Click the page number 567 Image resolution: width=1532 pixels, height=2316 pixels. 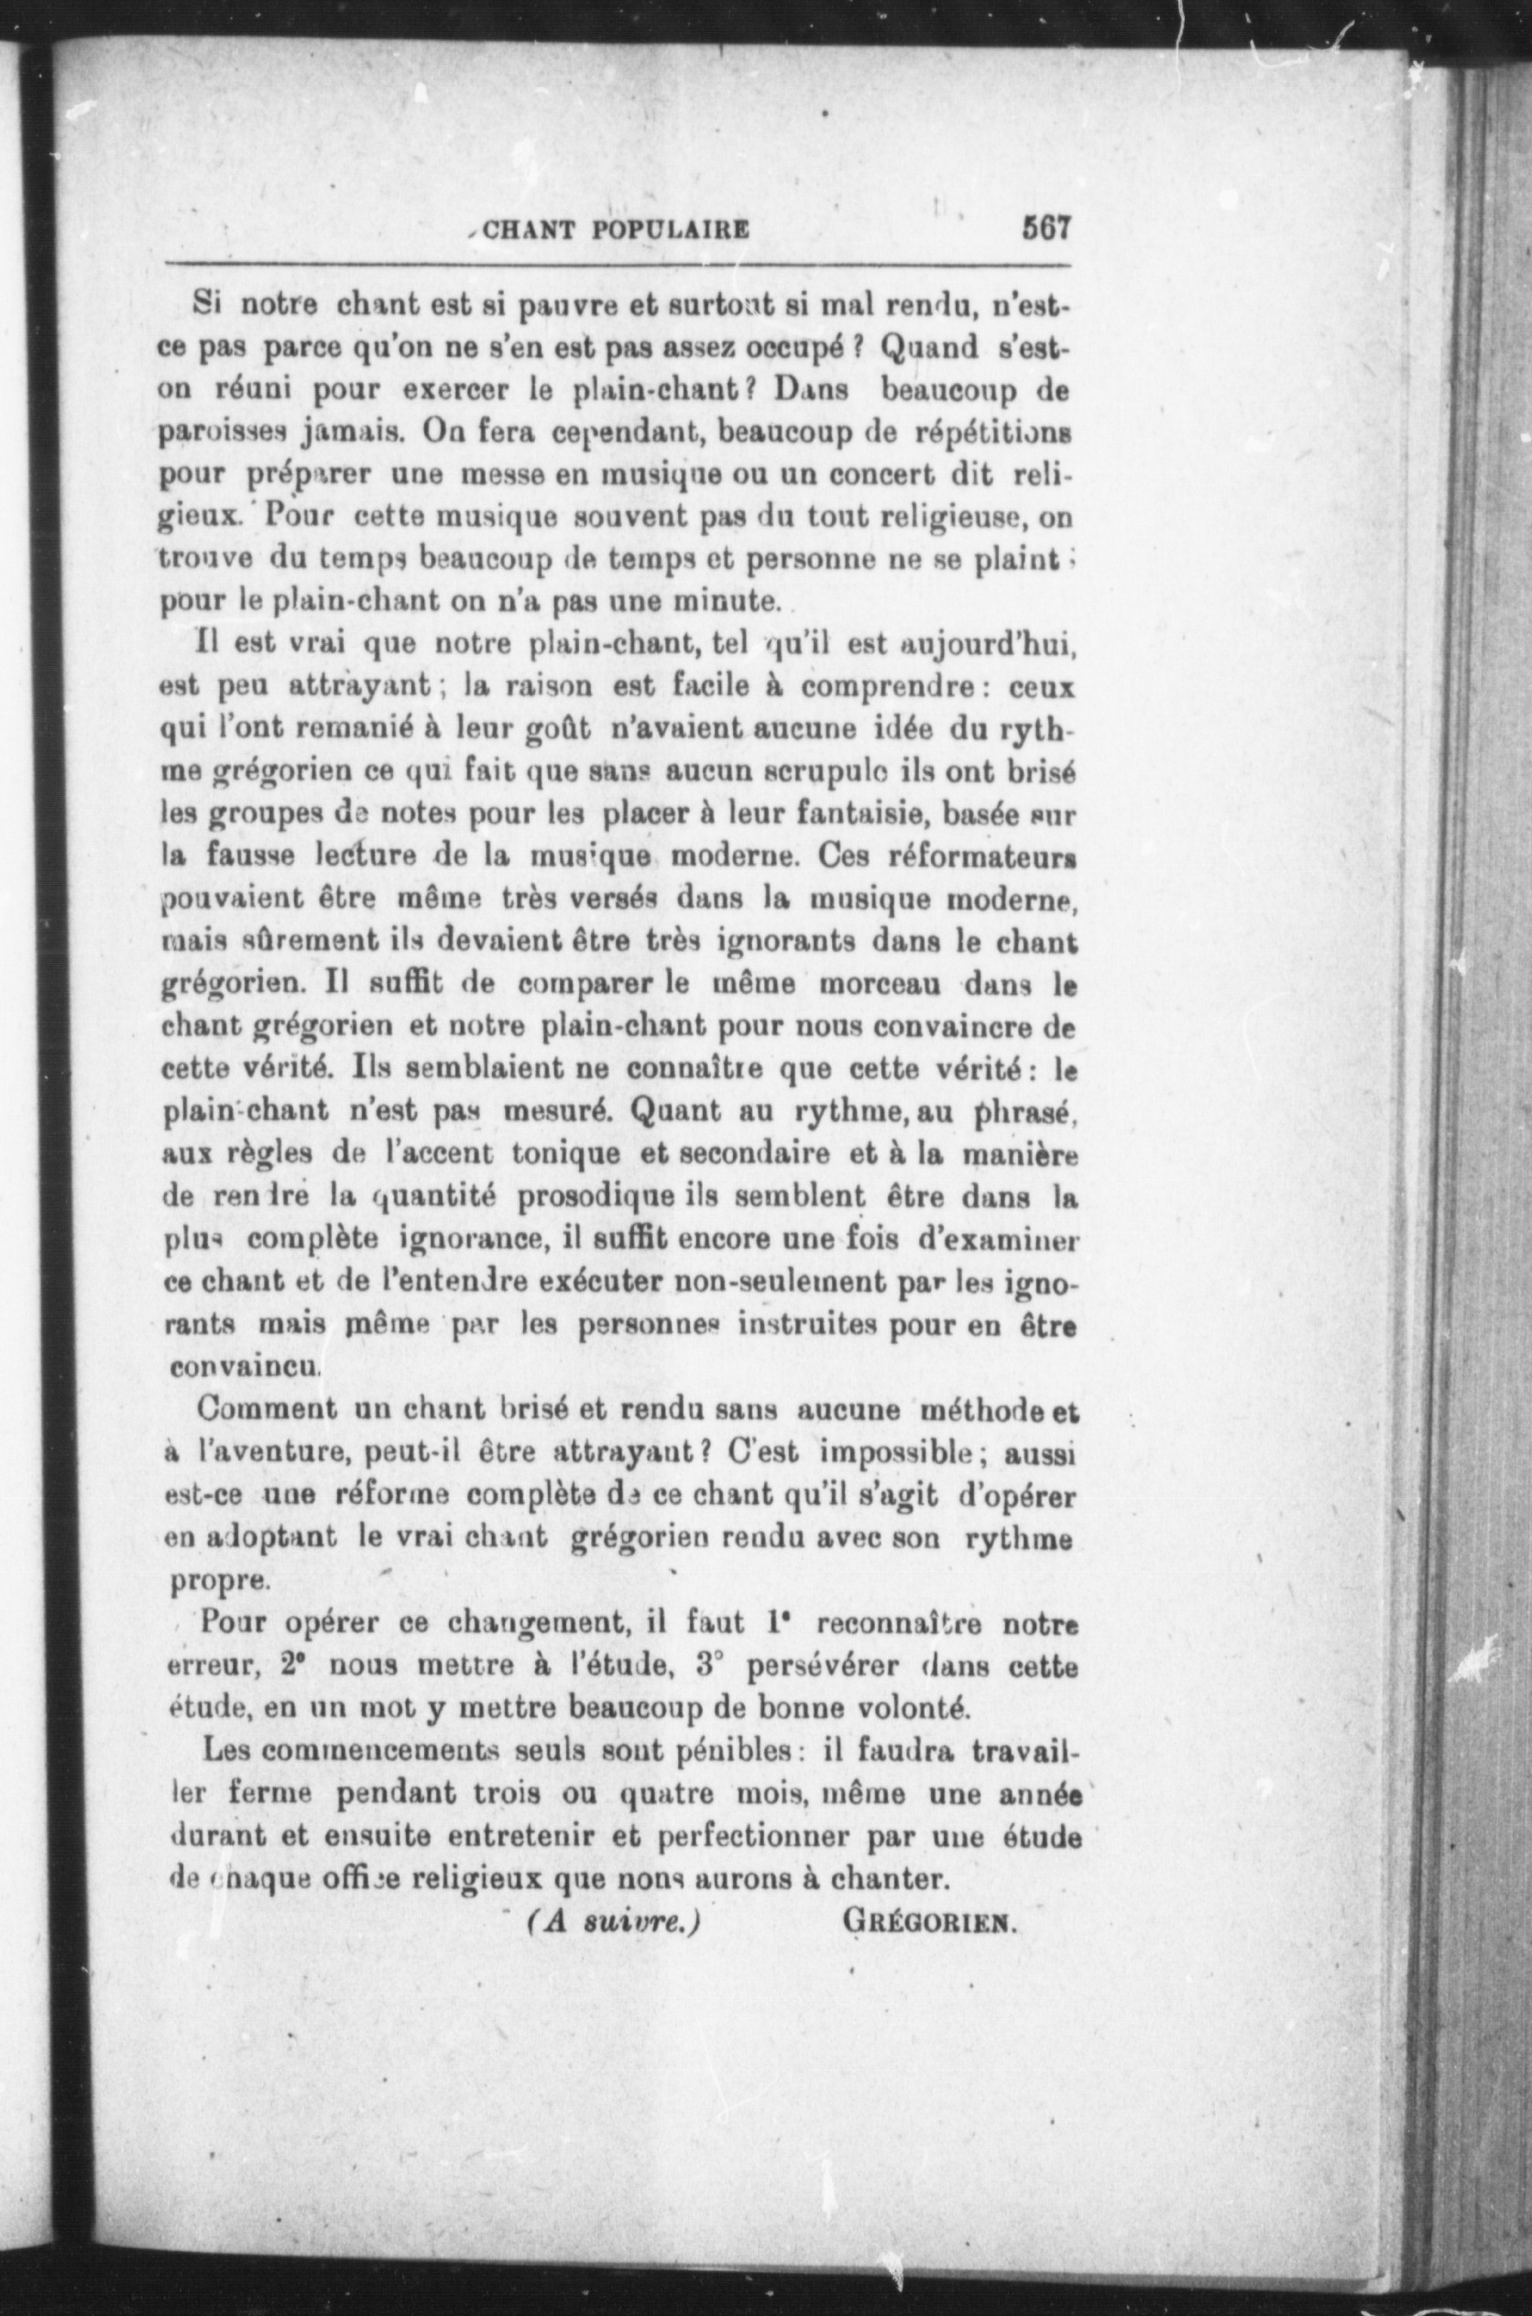(x=1047, y=231)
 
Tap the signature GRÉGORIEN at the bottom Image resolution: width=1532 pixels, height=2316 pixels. (x=929, y=1922)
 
